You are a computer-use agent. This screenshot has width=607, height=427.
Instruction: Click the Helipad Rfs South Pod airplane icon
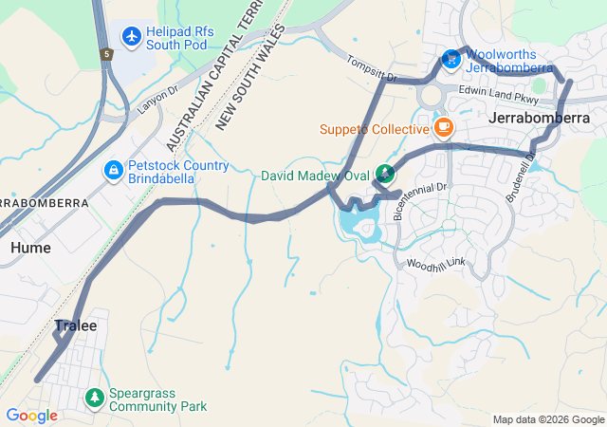[x=131, y=37]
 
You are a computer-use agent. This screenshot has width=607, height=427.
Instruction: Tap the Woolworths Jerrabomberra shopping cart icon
[x=451, y=61]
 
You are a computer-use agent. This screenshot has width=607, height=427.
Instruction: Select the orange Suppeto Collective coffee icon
[x=443, y=128]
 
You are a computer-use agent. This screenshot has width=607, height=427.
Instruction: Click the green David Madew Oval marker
[x=384, y=174]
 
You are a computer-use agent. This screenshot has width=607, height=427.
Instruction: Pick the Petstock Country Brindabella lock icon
[x=113, y=171]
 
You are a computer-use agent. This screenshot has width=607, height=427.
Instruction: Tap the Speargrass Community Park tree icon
[x=94, y=399]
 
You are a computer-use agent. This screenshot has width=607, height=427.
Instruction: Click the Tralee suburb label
[x=75, y=325]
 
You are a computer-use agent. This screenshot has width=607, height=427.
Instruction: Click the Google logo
[x=31, y=415]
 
